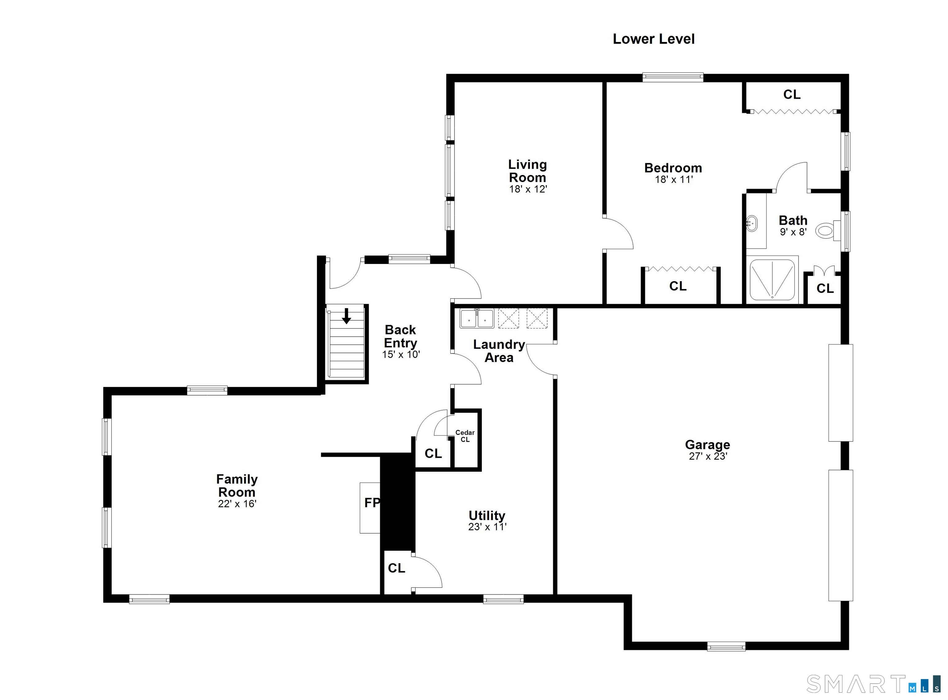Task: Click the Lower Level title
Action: (654, 39)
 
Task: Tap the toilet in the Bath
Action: (828, 231)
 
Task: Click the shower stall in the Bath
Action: (772, 280)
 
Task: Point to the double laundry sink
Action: (477, 318)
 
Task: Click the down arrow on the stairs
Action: (347, 316)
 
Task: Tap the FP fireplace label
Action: (372, 502)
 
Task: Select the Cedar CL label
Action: (465, 436)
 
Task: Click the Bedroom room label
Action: (673, 168)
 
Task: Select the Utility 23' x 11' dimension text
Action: (487, 527)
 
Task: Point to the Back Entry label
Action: (400, 336)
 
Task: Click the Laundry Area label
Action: (499, 351)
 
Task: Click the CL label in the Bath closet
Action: (825, 289)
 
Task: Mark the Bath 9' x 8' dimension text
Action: (793, 232)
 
